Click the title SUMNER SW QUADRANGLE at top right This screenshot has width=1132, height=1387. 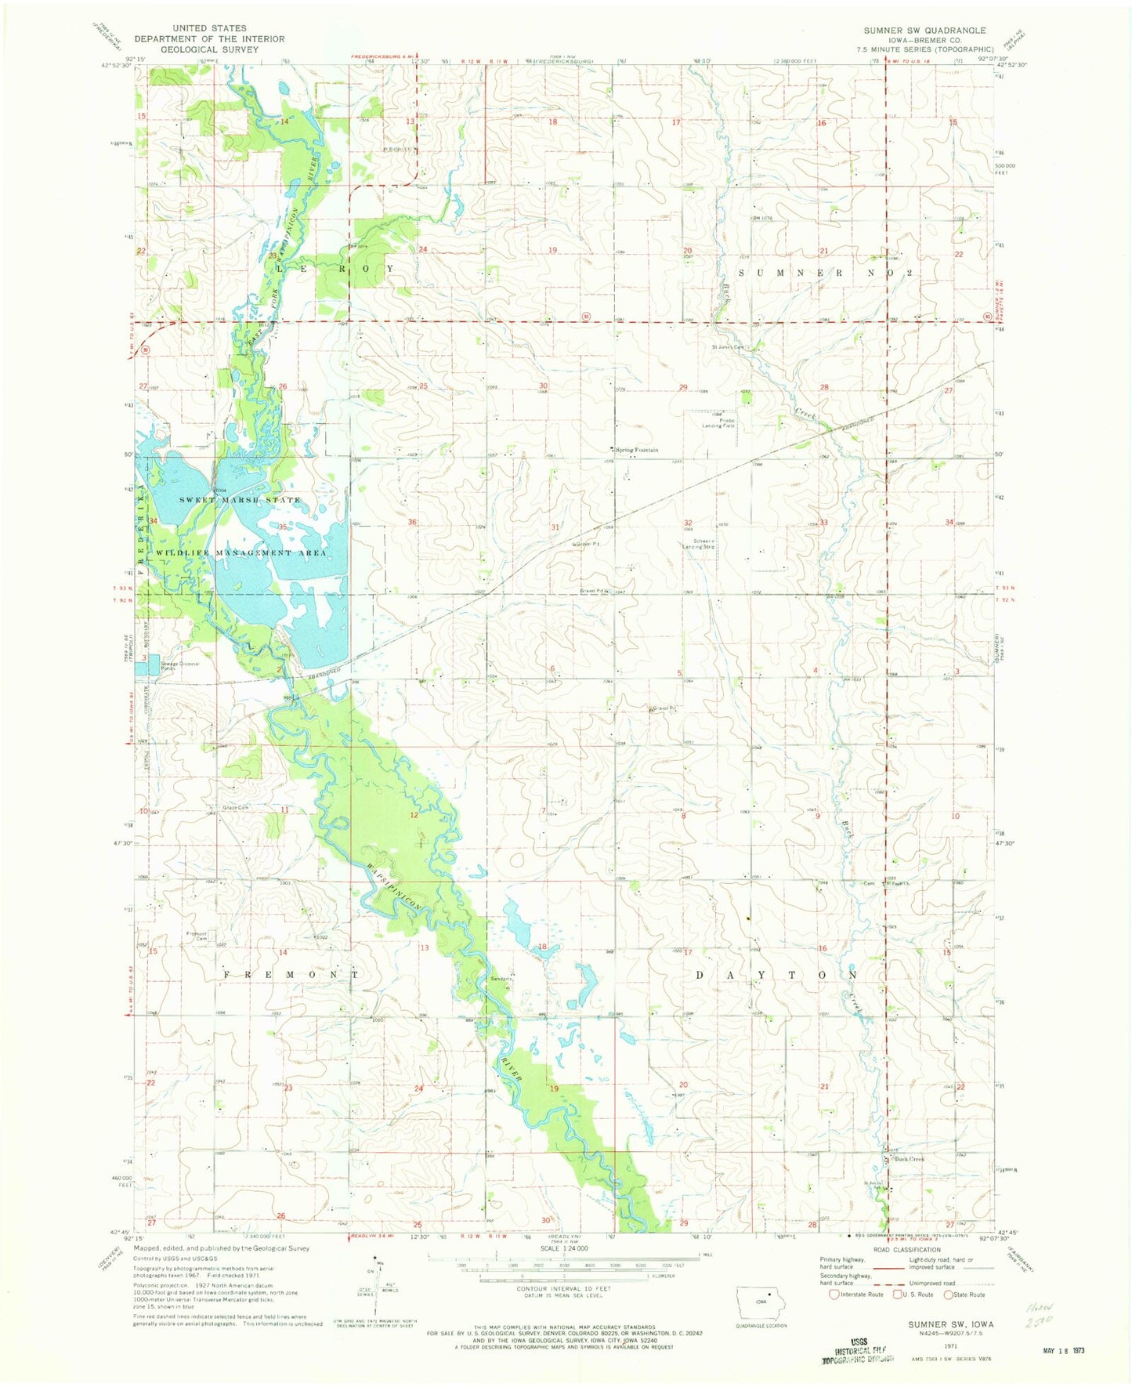coord(924,31)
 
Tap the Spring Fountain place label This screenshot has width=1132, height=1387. coord(637,451)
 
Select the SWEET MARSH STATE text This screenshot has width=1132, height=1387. coord(239,500)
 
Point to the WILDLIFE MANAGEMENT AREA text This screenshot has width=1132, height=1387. coord(241,553)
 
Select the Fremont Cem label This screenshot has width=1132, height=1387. coord(196,936)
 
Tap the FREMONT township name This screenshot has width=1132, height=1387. coord(291,975)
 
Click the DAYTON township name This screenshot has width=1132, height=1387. coord(776,975)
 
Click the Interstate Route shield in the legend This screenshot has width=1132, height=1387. coord(834,1294)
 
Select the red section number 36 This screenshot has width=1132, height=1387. coord(412,523)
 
